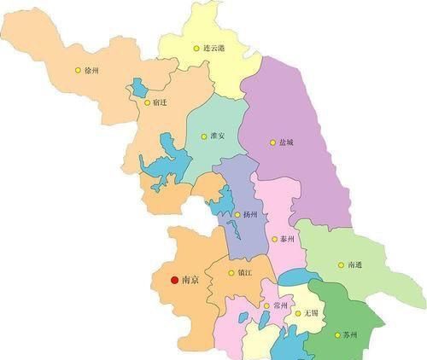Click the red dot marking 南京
tap(175, 279)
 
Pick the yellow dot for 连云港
tap(196, 49)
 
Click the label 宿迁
tap(160, 102)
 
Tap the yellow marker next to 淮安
tap(202, 136)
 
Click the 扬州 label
tap(250, 214)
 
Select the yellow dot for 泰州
tap(274, 240)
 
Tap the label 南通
tap(358, 265)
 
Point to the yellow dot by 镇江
tap(231, 273)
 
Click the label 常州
tap(282, 305)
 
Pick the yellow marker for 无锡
tap(298, 312)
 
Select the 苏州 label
tap(351, 335)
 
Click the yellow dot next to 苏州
tap(336, 335)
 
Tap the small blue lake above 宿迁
tap(139, 88)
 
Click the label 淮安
tap(218, 136)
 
